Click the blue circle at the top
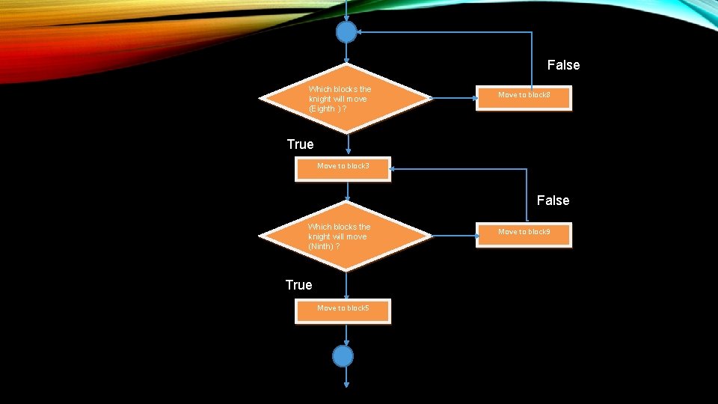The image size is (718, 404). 346,33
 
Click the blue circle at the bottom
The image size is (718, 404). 343,356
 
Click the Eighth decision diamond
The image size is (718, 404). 347,99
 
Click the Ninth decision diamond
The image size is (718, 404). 347,236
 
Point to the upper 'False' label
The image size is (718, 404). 563,65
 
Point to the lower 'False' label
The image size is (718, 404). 553,201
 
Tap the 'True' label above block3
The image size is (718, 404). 300,144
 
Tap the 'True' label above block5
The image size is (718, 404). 298,285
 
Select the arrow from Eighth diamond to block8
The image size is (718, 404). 455,97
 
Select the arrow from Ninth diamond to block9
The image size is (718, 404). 455,236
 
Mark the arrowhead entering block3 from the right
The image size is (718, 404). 394,168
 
